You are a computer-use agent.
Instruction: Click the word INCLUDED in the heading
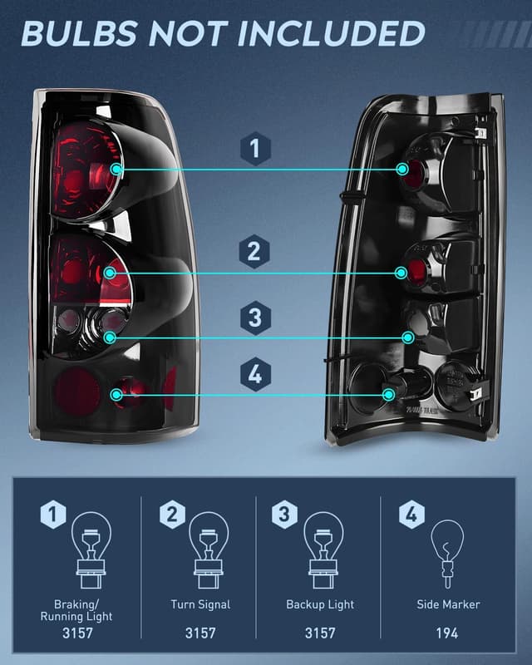coord(332,33)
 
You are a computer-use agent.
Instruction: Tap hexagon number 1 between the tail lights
coord(255,150)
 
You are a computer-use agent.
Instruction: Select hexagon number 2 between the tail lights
coord(255,251)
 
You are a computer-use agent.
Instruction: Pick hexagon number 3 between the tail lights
coord(255,318)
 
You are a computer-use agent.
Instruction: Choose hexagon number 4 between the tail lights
coord(255,375)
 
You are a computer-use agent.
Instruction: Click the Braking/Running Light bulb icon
coord(91,544)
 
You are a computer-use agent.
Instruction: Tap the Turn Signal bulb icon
coord(207,544)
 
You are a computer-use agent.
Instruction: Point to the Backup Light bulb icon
coord(323,544)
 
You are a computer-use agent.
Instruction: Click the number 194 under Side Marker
coord(447,633)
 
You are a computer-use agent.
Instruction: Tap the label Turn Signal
coord(200,604)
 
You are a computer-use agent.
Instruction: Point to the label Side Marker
coord(448,604)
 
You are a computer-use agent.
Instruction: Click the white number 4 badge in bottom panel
coord(410,515)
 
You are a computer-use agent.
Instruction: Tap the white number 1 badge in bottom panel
coord(52,515)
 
